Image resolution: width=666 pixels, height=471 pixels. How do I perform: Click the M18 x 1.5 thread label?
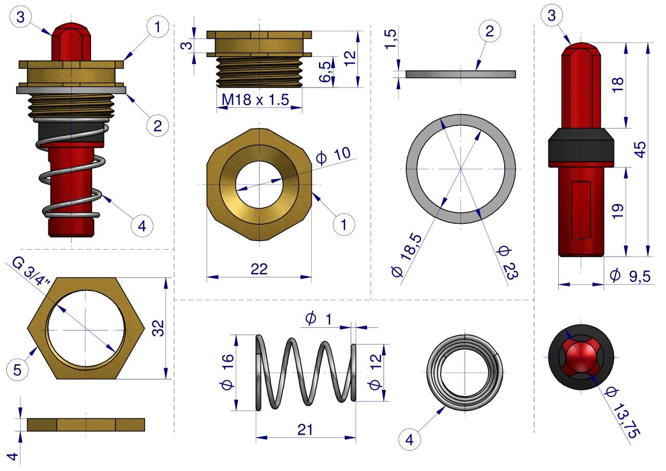pos(255,100)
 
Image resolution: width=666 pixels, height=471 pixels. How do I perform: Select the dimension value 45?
pos(640,149)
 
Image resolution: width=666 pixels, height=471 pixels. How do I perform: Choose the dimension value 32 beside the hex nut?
pos(158,328)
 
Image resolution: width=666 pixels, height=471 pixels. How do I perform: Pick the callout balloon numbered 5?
pos(17,370)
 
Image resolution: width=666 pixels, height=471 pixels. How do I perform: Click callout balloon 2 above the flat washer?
pos(490,31)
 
